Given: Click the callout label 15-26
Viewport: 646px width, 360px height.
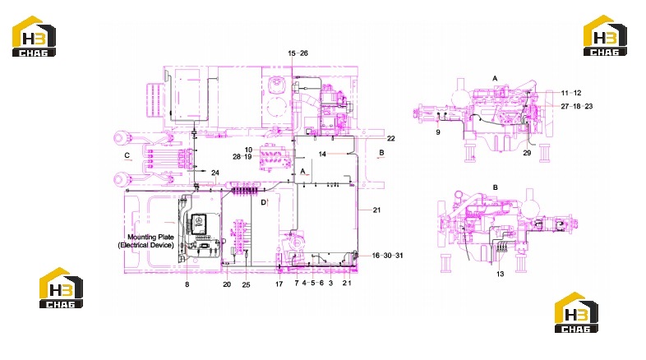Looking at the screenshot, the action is click(x=298, y=53).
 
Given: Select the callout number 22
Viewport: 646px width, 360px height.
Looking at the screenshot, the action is click(x=391, y=139).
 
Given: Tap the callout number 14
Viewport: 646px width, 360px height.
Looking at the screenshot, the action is click(x=322, y=154).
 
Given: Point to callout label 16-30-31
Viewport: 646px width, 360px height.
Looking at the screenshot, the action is click(x=387, y=256).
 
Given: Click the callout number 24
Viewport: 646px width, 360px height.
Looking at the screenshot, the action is click(x=215, y=173).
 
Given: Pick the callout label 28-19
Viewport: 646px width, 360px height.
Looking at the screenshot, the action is click(x=242, y=157).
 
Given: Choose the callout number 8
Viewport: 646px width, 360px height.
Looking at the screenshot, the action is click(x=187, y=284).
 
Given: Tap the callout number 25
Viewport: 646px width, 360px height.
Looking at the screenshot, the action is click(x=246, y=284).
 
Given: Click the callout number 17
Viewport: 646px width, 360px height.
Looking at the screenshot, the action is click(x=279, y=284).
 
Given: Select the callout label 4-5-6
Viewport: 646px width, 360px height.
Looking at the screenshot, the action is click(x=313, y=283).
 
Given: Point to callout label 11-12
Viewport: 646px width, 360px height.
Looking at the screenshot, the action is click(x=571, y=93).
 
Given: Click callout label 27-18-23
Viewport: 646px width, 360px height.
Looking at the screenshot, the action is click(x=577, y=106).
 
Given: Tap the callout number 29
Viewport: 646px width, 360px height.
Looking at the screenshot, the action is click(x=527, y=153).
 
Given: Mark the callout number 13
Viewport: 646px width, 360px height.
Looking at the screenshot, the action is click(x=500, y=274).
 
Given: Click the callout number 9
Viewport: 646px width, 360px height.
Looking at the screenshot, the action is click(x=438, y=132).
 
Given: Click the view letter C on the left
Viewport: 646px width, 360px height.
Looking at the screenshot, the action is click(x=127, y=155).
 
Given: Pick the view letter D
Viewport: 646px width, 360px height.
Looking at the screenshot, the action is click(x=263, y=202).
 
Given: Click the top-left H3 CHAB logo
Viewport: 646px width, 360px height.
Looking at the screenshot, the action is click(x=34, y=36).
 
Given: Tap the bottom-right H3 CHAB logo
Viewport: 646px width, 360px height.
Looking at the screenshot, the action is click(x=576, y=312).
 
